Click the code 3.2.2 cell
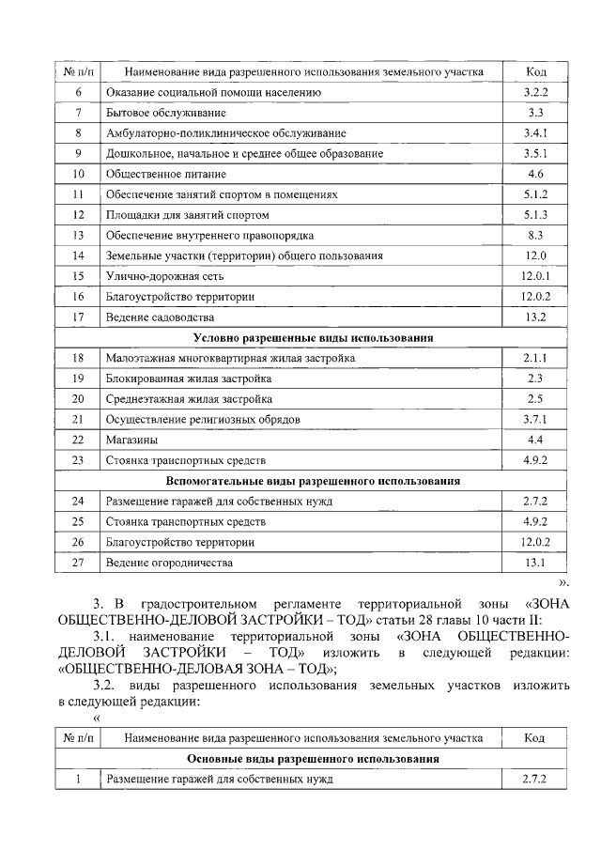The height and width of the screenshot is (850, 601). pos(536,92)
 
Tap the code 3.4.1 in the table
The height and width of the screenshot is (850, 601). pos(536,133)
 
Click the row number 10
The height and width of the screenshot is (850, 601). pos(79,174)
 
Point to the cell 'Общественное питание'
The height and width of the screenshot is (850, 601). pos(166,174)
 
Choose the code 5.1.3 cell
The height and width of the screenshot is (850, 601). pos(536,215)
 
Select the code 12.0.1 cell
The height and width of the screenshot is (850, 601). pos(536,276)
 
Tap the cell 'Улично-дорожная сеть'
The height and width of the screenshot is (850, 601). pos(164,276)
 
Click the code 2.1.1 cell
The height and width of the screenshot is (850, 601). pos(536,358)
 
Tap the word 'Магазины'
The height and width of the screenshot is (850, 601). pos(131,440)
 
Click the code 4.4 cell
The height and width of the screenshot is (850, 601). pos(536,440)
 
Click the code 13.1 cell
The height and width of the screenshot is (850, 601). pos(536,563)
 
